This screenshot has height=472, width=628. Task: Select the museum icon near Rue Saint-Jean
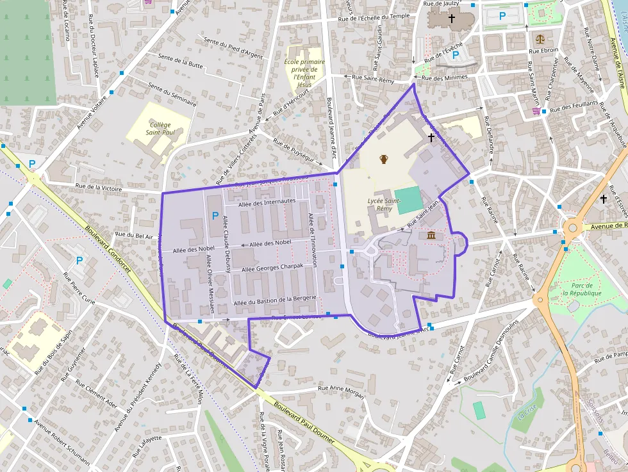point(432,236)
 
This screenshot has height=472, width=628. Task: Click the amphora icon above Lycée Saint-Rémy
point(384,159)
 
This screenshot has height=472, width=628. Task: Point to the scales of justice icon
point(541,38)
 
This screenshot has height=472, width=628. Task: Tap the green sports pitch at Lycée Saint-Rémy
point(409,199)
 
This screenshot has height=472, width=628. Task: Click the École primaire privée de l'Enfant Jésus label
point(304,73)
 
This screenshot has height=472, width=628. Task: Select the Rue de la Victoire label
point(99,188)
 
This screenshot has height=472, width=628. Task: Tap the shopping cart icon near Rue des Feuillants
point(536,111)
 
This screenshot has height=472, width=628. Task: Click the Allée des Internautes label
point(267,202)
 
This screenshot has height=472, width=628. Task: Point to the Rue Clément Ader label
point(96,394)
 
